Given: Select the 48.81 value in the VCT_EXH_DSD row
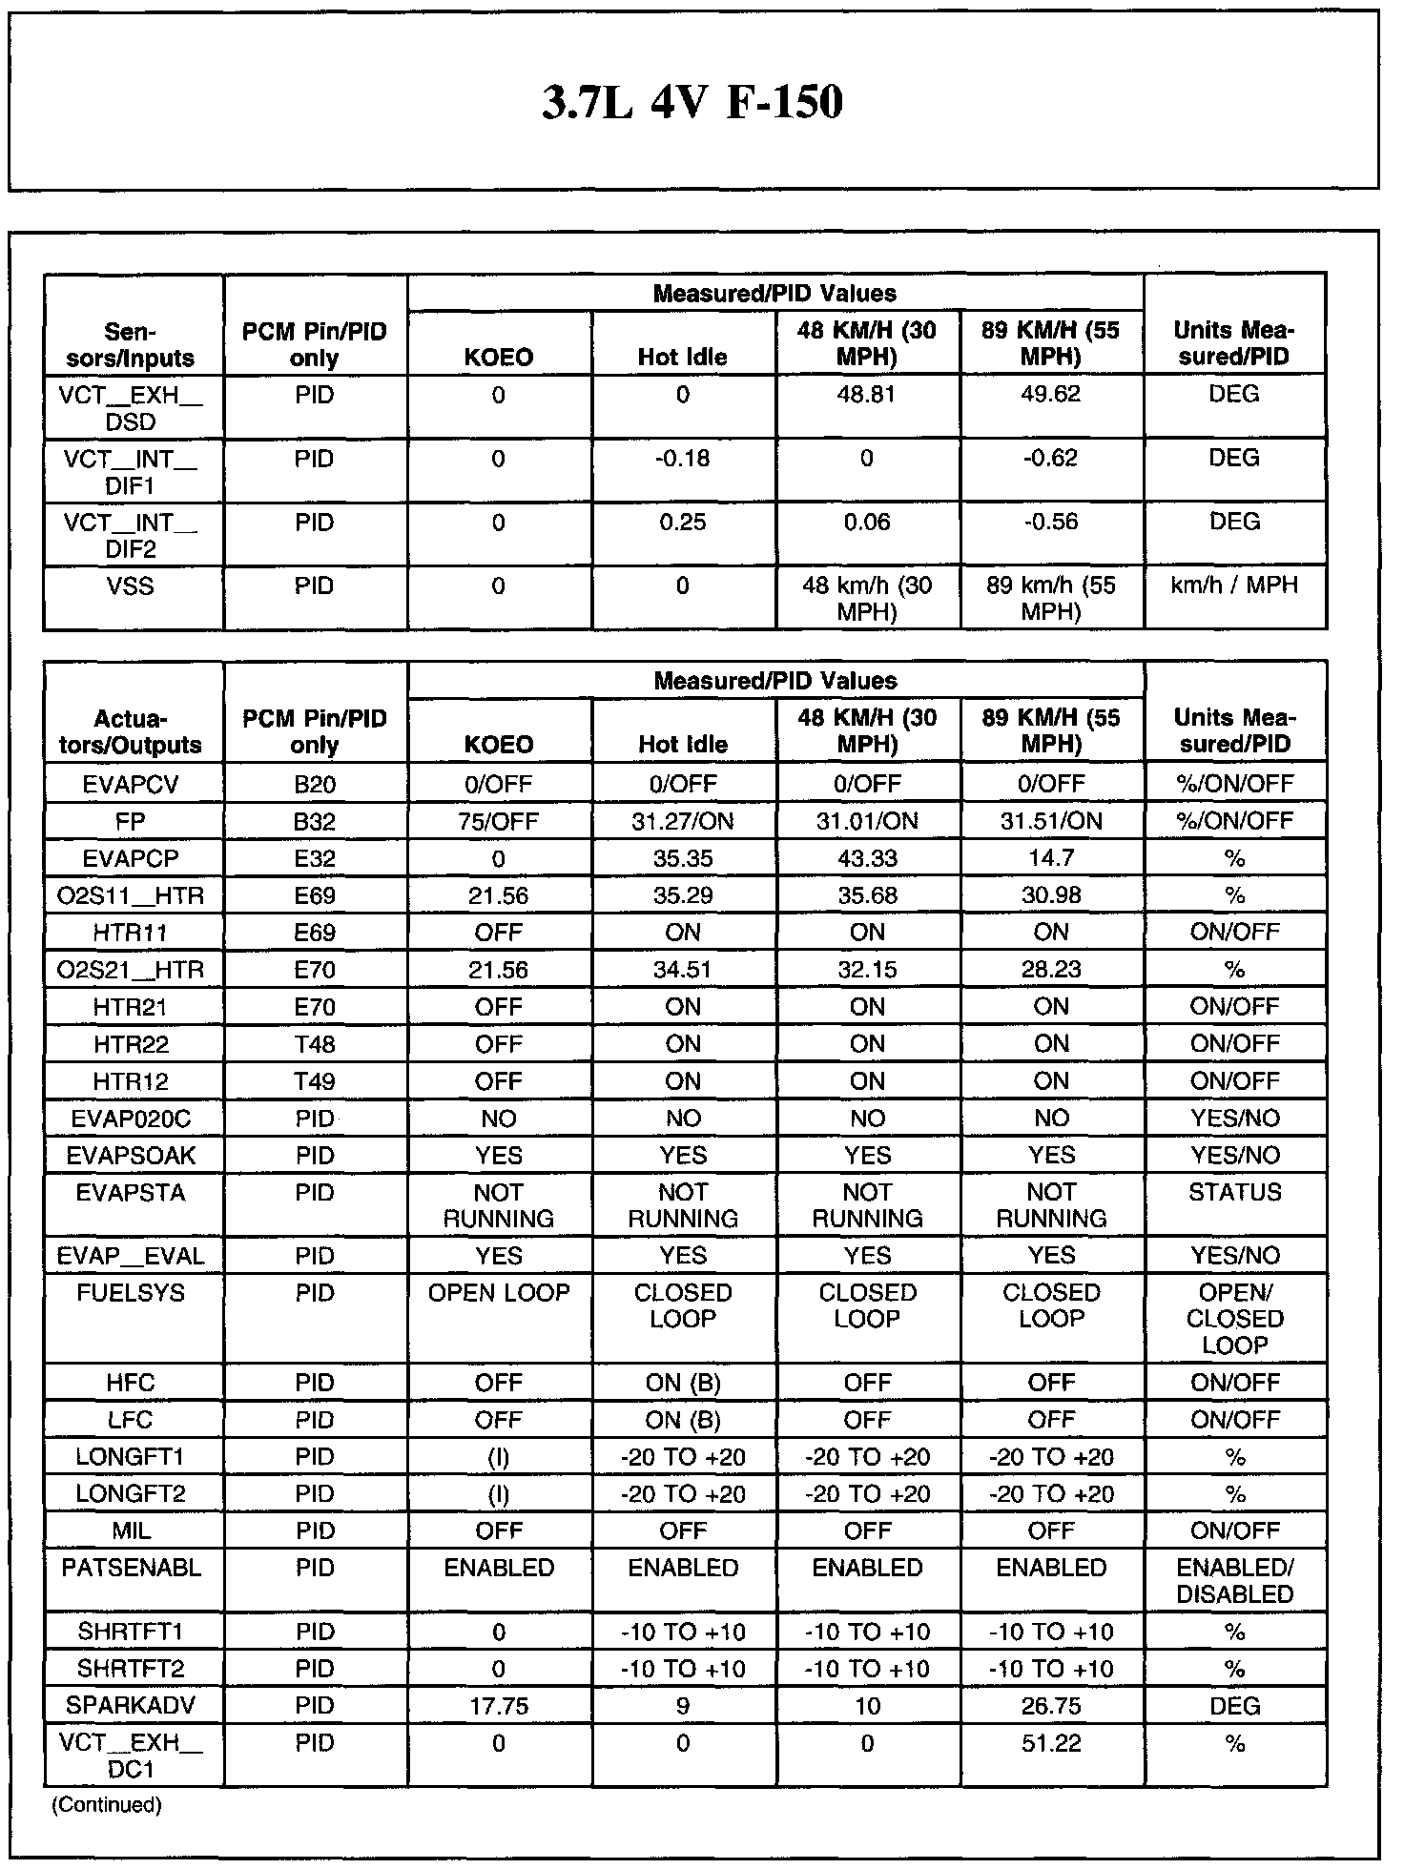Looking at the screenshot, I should click(867, 395).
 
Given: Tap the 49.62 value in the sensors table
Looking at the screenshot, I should click(1050, 395).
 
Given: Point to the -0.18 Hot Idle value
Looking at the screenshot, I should click(683, 459).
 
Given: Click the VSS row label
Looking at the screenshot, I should click(131, 586).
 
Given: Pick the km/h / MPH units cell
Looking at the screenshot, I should click(1234, 585).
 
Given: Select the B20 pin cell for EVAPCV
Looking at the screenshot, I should click(315, 784).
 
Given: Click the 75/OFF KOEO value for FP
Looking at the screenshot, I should click(499, 821).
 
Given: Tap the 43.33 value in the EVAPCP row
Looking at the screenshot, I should click(867, 858).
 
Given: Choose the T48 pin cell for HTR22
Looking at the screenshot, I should click(315, 1044).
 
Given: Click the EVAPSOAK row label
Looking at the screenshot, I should click(131, 1156).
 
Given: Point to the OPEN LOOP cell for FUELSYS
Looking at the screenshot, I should click(499, 1293).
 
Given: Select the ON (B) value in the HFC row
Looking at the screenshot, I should click(683, 1383).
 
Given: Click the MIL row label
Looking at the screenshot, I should click(131, 1531).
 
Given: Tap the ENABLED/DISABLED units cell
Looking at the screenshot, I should click(1234, 1581).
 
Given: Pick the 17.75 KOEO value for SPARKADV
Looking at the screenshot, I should click(499, 1706).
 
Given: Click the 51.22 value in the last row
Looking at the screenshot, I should click(1050, 1744).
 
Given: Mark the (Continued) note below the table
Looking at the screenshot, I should click(107, 1804).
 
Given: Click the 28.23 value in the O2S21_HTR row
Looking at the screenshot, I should click(1050, 970).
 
